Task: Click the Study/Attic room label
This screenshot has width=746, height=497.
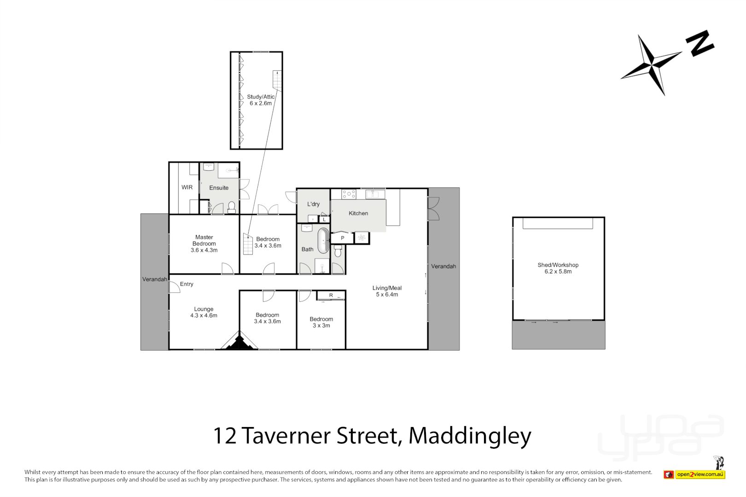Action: [261, 100]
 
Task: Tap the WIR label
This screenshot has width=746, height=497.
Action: [187, 187]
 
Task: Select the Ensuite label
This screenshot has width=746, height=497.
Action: [219, 188]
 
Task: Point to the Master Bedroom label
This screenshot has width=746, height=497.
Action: [204, 244]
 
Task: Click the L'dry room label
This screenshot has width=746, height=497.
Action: [313, 204]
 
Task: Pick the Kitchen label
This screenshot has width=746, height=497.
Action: [358, 213]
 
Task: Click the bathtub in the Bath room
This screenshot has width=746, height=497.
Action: [323, 240]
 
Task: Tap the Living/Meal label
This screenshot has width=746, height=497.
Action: [387, 291]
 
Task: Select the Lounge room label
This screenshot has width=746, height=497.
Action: [204, 312]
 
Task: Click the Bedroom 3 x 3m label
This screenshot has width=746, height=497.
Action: [321, 322]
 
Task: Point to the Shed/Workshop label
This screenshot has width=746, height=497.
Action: [558, 268]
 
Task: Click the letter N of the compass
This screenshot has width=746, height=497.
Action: [699, 43]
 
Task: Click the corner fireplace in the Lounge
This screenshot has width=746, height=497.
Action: [239, 342]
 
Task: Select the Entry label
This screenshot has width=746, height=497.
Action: [186, 284]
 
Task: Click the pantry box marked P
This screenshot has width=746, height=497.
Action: [342, 238]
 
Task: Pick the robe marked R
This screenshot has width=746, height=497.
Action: [331, 295]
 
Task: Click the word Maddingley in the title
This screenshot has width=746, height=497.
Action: [470, 436]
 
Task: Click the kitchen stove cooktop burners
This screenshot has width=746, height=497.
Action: [349, 194]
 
